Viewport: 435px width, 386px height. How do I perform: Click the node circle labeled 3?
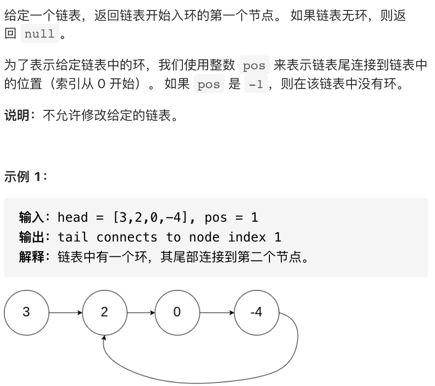click(x=26, y=312)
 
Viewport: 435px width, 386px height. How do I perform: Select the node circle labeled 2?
click(x=104, y=312)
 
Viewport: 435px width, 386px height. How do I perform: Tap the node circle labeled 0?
click(x=177, y=312)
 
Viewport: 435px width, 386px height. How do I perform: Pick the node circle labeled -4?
click(x=256, y=312)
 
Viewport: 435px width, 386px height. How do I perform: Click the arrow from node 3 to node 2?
click(x=65, y=313)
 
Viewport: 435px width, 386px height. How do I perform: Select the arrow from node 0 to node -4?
click(x=217, y=313)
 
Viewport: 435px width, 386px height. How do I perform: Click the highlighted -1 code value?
click(x=256, y=85)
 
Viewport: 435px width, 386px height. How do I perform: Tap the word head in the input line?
click(x=73, y=217)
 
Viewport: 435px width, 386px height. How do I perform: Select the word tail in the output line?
click(x=73, y=237)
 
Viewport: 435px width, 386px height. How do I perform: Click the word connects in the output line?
click(x=127, y=237)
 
